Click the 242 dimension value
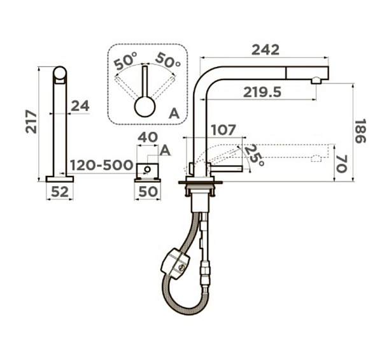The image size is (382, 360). click(x=265, y=50)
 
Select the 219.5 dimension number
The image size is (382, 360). click(x=262, y=92)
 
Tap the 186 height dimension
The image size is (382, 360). click(x=360, y=131)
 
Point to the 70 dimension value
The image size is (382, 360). click(x=341, y=164)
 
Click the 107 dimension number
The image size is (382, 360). click(x=223, y=130)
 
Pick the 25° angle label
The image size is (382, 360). click(x=254, y=155)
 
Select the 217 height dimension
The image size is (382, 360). click(x=31, y=122)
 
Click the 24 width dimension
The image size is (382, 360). click(x=80, y=106)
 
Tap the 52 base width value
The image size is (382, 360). click(x=60, y=192)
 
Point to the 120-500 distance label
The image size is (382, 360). click(x=102, y=165)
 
